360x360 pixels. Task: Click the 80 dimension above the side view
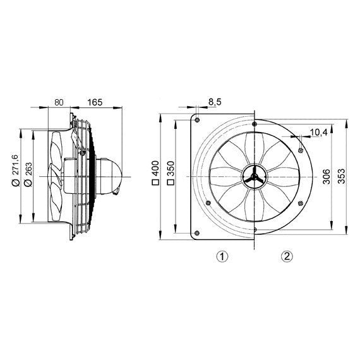58,101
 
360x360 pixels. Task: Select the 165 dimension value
95,101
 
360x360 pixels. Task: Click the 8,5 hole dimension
214,102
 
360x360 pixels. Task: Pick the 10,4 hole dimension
318,132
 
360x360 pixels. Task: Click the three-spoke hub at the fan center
253,178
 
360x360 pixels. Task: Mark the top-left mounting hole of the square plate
198,119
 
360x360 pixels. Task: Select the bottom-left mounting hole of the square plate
198,236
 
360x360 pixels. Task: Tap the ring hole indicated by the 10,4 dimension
299,149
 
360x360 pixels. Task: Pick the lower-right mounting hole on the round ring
299,203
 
